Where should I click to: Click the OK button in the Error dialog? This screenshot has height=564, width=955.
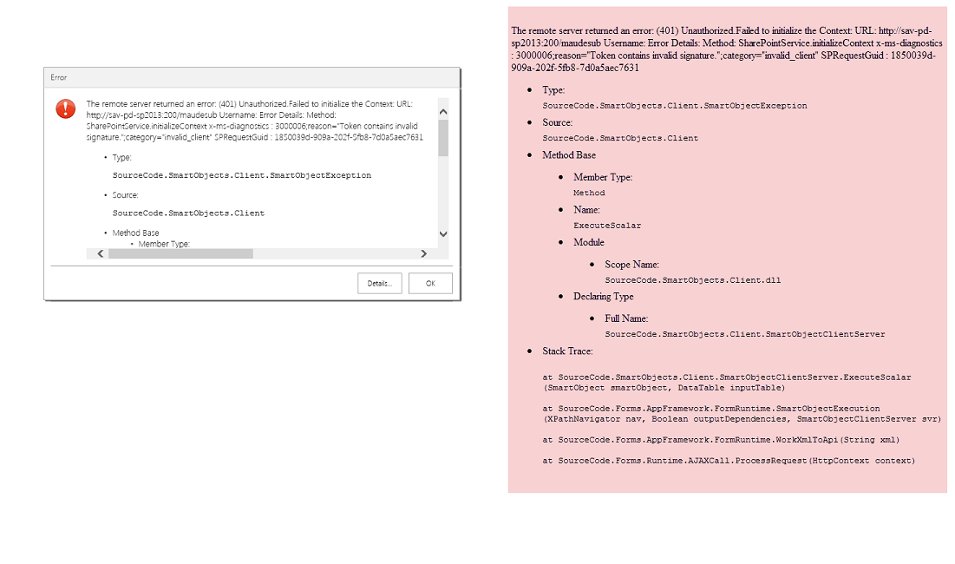click(429, 284)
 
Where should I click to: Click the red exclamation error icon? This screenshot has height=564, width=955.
click(65, 108)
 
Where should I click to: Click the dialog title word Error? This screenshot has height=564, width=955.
click(58, 77)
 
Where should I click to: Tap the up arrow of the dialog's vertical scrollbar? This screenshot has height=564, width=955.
click(443, 111)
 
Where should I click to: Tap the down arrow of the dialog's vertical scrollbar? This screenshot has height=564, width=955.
click(443, 233)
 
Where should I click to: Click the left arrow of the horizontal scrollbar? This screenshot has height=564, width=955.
click(100, 253)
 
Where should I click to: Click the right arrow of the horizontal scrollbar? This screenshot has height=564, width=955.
click(423, 253)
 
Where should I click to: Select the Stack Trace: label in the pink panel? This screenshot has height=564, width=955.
click(568, 351)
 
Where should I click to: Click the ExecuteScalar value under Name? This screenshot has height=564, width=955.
click(607, 226)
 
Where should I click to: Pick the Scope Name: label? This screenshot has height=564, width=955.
click(631, 265)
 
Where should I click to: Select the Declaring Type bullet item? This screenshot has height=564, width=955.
click(603, 297)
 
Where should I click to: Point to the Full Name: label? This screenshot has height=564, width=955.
click(626, 318)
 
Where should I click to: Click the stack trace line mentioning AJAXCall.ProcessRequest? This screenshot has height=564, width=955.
click(729, 461)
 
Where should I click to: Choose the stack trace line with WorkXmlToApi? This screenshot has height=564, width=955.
click(721, 440)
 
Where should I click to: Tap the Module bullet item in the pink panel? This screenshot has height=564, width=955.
click(589, 242)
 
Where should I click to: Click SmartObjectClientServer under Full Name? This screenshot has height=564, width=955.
click(745, 334)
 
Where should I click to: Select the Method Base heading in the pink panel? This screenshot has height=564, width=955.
click(569, 155)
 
